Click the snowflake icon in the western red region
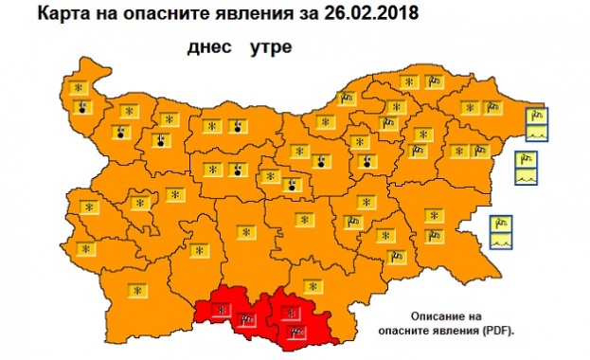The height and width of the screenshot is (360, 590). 222,309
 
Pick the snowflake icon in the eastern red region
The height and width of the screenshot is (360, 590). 290,312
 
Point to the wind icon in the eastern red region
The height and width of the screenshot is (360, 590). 296,331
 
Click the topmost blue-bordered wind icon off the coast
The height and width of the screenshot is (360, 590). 536,113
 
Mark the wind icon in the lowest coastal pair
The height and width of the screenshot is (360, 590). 502,225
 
